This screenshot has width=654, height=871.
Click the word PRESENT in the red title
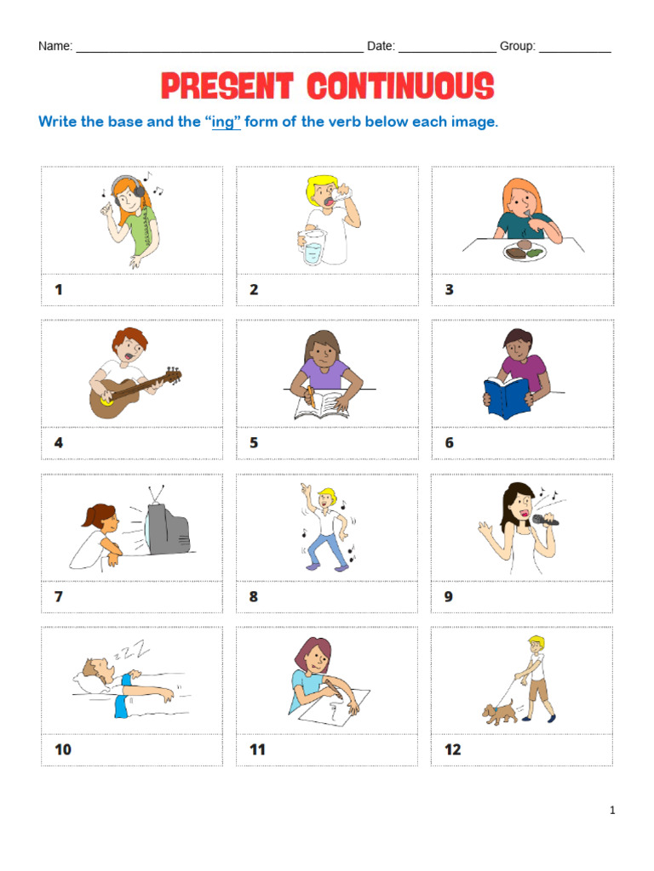click(x=227, y=86)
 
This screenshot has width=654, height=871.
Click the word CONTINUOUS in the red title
click(x=400, y=86)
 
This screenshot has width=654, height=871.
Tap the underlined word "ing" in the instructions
click(x=222, y=122)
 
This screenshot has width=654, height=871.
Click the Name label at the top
click(x=55, y=46)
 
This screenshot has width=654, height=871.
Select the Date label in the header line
click(x=381, y=46)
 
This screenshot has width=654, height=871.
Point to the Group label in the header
click(x=517, y=46)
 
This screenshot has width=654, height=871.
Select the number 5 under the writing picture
click(x=254, y=442)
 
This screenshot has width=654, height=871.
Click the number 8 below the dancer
click(x=254, y=596)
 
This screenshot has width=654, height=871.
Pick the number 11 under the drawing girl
click(x=257, y=749)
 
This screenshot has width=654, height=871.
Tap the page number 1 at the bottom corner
click(x=612, y=811)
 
